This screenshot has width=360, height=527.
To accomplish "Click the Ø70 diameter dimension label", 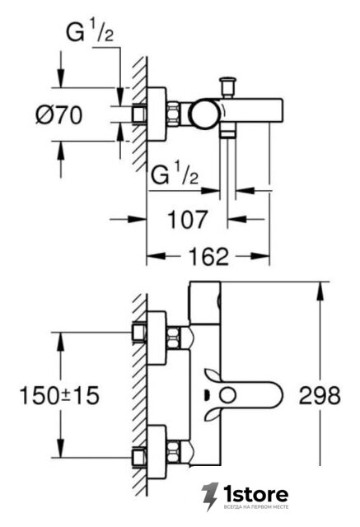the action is pyautogui.click(x=58, y=115).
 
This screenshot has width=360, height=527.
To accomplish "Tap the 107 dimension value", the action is pyautogui.click(x=188, y=220).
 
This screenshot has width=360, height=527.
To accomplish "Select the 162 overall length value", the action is pyautogui.click(x=208, y=256).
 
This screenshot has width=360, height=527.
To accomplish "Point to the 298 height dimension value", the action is pyautogui.click(x=320, y=395).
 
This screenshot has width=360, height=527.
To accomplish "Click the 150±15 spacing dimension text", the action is pyautogui.click(x=59, y=395).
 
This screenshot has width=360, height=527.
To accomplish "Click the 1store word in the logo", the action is pyautogui.click(x=256, y=494).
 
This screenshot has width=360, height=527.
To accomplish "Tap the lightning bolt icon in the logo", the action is pyautogui.click(x=210, y=497).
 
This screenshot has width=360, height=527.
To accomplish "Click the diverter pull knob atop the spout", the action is pyautogui.click(x=227, y=87).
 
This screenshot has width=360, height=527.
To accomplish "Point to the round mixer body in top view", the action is pyautogui.click(x=203, y=114).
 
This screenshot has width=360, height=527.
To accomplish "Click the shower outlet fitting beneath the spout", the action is pyautogui.click(x=227, y=129).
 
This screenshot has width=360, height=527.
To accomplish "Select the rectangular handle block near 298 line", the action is pyautogui.click(x=204, y=303).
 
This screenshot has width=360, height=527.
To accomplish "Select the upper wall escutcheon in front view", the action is pyautogui.click(x=157, y=338).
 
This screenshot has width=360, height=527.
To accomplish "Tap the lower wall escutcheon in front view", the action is pyautogui.click(x=157, y=451).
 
